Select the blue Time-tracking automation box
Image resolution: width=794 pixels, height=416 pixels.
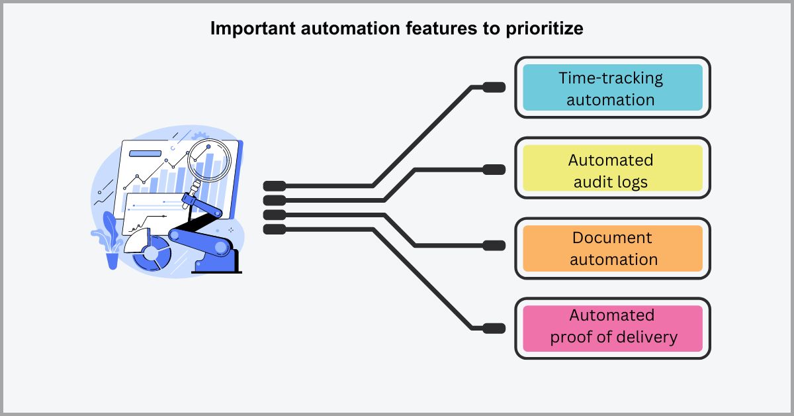pos(612,87)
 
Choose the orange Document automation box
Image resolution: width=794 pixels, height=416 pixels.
pos(612,248)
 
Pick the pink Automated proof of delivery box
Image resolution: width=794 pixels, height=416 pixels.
pos(612,328)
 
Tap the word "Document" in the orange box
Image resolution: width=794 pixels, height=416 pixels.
pos(612,238)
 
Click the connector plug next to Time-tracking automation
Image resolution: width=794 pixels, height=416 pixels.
pos(494,87)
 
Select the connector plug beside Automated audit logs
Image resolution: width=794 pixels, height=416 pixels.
pos(494,170)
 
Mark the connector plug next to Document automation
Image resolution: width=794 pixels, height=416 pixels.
pos(494,246)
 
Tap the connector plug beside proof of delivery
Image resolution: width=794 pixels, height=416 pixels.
pos(494,328)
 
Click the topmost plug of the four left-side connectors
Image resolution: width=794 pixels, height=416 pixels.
pos(275,185)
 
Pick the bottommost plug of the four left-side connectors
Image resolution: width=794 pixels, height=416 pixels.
pos(275,229)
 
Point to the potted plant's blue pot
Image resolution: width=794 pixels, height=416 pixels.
pos(112,260)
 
